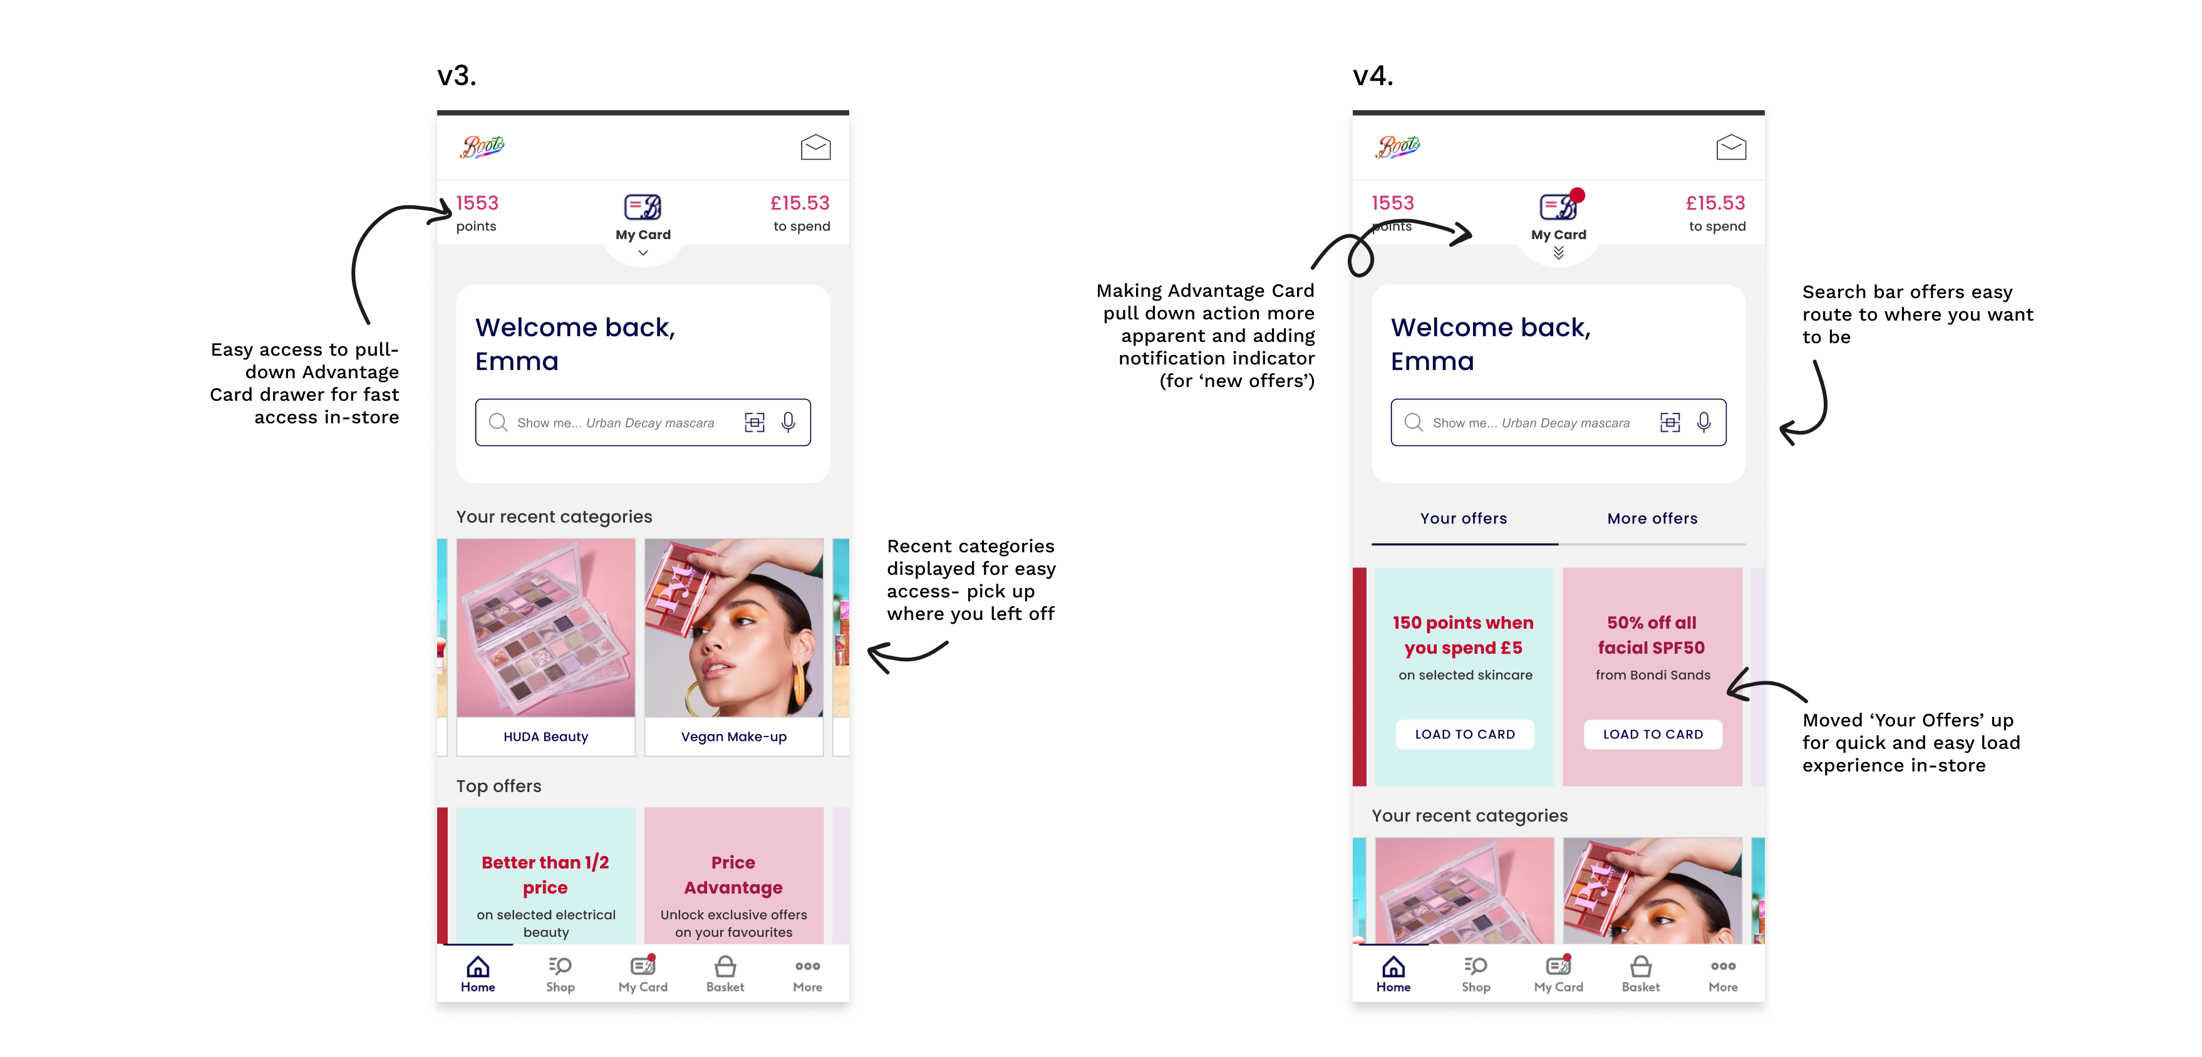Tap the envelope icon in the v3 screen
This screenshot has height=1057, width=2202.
815,147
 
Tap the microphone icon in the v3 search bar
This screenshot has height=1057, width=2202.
788,422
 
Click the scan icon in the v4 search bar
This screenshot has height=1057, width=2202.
1670,422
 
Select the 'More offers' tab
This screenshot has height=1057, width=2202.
1651,518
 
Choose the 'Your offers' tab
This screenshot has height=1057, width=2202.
1464,518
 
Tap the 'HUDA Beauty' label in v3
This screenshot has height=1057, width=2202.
545,736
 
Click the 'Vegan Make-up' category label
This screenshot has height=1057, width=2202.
733,736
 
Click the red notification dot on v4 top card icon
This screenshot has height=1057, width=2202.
1577,195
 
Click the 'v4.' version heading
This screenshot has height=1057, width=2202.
1373,76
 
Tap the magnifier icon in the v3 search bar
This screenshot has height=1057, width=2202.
497,422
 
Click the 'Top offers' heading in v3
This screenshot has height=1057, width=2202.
499,786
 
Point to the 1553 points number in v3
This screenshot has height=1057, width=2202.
477,204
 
